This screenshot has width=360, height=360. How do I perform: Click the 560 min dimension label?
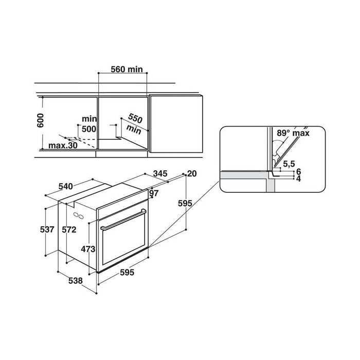coord(127,69)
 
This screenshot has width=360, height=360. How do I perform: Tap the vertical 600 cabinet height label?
coord(41,120)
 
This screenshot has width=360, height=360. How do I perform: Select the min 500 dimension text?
coord(89,124)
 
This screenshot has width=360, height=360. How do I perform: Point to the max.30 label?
coord(63,146)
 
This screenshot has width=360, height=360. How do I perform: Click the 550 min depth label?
coord(135,124)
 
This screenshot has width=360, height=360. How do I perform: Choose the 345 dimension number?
coord(160,174)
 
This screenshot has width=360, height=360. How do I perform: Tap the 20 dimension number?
coord(192,174)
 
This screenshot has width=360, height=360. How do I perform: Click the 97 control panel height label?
coord(154,193)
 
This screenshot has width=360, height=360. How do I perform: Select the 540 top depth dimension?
coord(66,186)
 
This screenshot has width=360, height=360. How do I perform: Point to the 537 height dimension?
coord(47,229)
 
